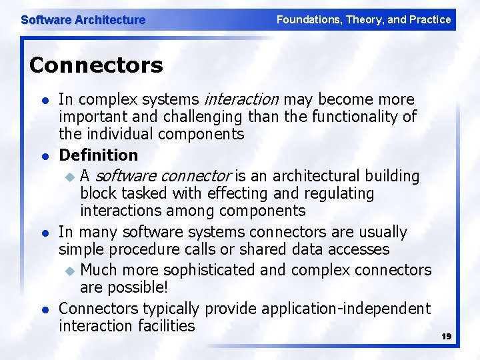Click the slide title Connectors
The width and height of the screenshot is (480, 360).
pos(96,65)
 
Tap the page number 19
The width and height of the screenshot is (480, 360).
pos(446,337)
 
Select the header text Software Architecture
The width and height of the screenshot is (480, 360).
pos(83,20)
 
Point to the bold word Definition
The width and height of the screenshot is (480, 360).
pos(98,155)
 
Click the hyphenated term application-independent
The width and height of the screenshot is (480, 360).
pos(346,309)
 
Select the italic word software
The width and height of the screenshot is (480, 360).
pos(125,176)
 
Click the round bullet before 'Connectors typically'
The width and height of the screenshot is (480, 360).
pos(44,310)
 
